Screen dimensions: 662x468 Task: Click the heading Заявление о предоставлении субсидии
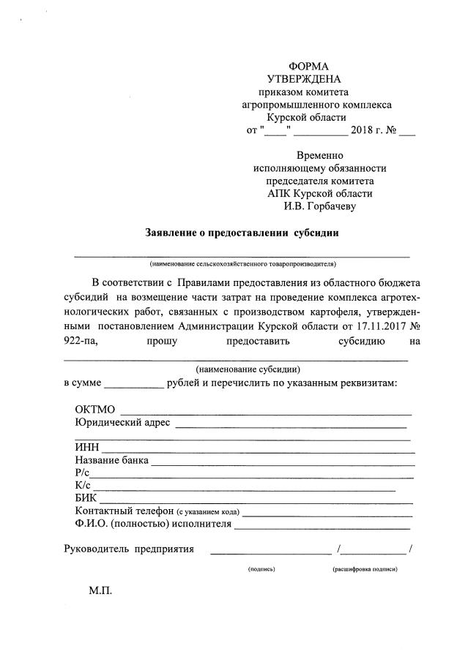click(x=242, y=234)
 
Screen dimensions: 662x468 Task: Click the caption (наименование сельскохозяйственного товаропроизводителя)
click(x=242, y=263)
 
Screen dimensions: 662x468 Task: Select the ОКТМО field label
click(x=95, y=410)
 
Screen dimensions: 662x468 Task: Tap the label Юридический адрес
click(x=122, y=422)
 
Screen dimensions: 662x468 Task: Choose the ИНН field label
click(x=87, y=448)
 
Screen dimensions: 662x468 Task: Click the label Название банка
click(x=112, y=461)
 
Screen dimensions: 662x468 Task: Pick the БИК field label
click(x=86, y=498)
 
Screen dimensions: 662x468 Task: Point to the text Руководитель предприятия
click(x=129, y=549)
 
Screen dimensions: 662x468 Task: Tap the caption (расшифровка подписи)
click(x=365, y=569)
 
